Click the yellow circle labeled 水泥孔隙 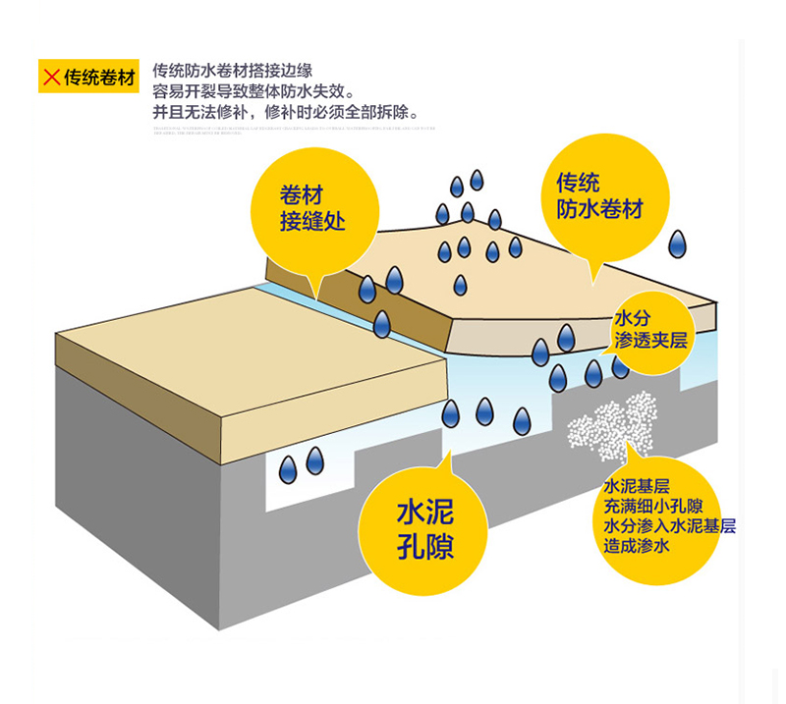425,527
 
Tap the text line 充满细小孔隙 652,507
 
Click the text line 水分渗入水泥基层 670,526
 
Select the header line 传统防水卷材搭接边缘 233,71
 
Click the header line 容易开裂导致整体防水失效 253,91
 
